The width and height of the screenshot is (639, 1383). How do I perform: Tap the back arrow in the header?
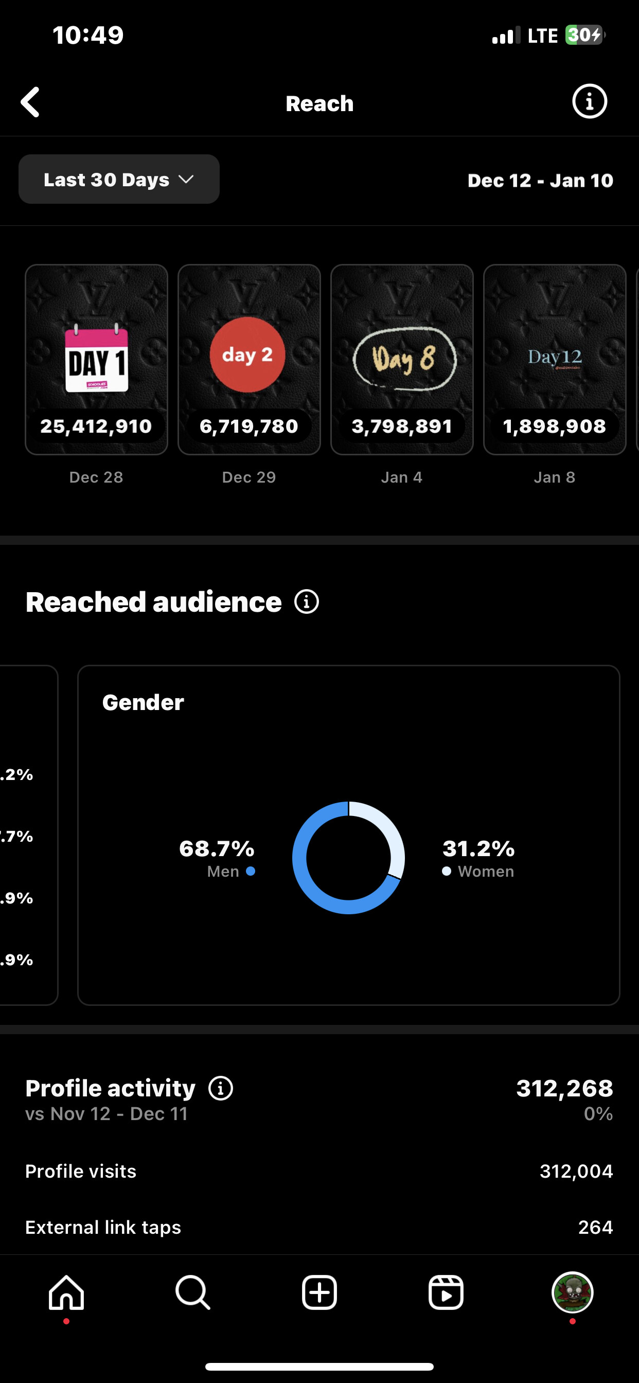30,102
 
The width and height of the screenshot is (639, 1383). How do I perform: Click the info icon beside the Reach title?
589,101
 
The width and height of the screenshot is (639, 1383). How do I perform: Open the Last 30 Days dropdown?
119,180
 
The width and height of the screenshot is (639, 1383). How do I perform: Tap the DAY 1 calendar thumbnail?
97,359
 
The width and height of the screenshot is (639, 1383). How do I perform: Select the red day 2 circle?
247,354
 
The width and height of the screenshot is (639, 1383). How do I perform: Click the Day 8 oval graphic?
403,359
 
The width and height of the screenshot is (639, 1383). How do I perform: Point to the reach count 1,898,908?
554,427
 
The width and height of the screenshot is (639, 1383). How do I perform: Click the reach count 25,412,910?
96,427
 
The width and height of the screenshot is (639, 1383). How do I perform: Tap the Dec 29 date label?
249,477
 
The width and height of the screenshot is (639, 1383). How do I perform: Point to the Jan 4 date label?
402,477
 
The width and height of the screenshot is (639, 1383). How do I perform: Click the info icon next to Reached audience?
307,602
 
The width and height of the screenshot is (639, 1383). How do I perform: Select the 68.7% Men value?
217,849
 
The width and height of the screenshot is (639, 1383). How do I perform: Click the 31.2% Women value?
478,849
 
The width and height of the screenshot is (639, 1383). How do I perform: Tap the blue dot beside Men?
251,872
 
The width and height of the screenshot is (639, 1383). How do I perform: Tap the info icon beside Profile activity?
221,1088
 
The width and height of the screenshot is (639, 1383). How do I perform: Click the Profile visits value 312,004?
576,1171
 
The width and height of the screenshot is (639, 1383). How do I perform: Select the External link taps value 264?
595,1227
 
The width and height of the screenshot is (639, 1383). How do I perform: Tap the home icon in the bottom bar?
66,1292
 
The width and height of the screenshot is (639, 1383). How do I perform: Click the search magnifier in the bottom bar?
193,1292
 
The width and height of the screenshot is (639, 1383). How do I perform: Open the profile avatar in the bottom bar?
573,1292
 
